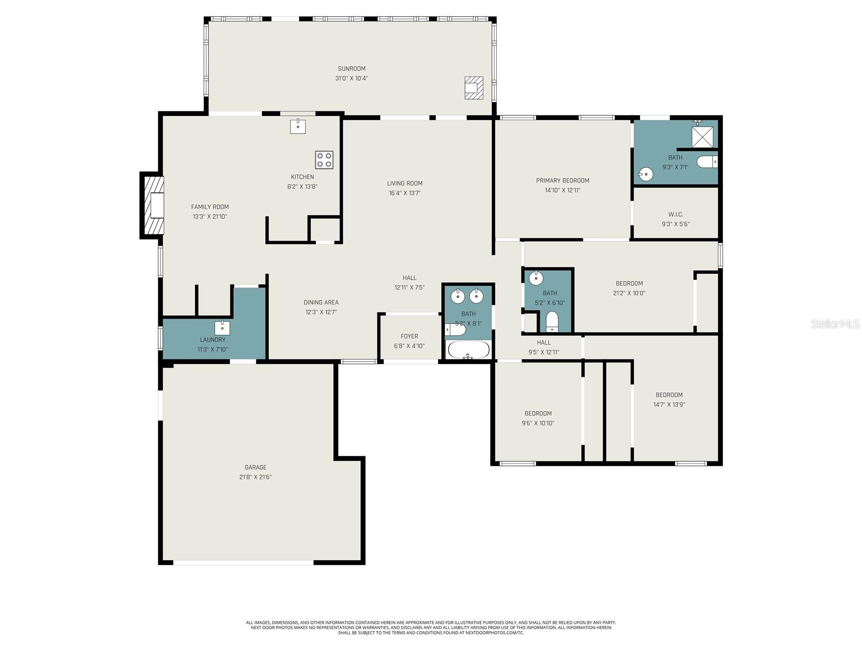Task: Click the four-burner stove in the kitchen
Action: [324, 160]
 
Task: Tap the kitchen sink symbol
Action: [298, 126]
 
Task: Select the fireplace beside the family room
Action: [153, 205]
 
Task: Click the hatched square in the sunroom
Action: [474, 87]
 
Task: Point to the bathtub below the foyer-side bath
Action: [468, 349]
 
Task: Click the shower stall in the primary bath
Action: [702, 137]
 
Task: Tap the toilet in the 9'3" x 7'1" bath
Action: [707, 161]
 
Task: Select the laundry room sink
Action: [222, 327]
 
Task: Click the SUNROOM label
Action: [352, 68]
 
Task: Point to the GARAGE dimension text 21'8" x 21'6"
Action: [255, 477]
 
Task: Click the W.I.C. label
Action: [676, 215]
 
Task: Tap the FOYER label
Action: [409, 336]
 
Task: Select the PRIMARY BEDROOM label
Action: [562, 181]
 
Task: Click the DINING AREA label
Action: [321, 302]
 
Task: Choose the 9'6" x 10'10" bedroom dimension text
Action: [538, 423]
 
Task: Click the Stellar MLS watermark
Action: [835, 323]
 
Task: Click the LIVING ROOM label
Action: [405, 183]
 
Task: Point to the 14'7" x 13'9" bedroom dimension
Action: [669, 404]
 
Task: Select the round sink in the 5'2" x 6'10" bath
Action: [536, 278]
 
